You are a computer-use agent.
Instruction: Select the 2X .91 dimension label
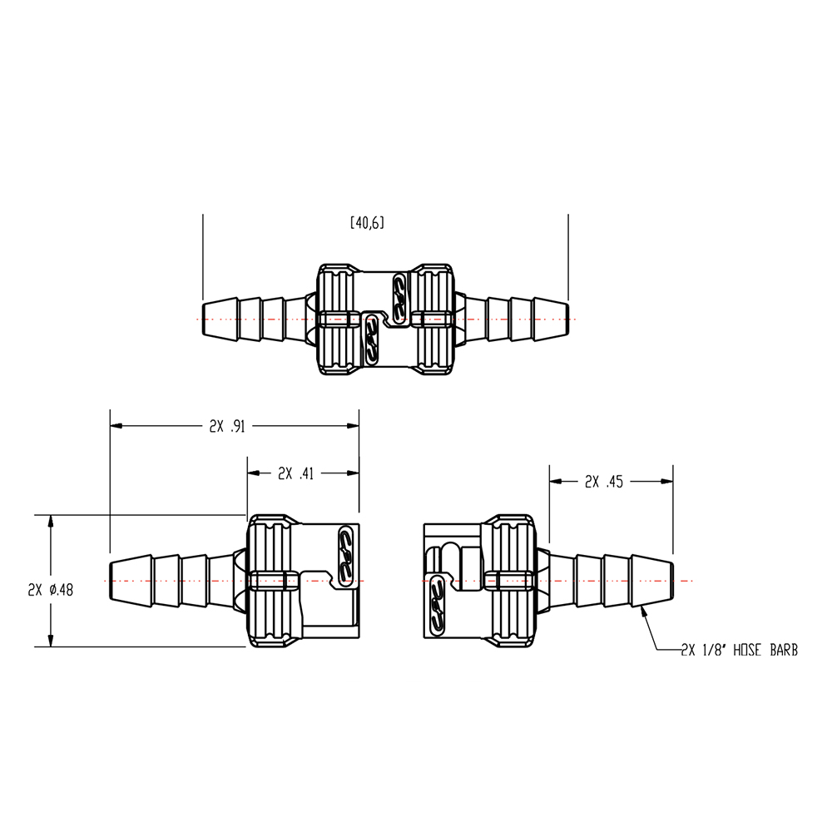[227, 426]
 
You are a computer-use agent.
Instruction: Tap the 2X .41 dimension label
[296, 473]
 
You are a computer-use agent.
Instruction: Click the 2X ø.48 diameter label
[51, 589]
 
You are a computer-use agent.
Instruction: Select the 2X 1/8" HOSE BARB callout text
[739, 650]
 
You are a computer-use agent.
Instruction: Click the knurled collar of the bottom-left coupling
[271, 580]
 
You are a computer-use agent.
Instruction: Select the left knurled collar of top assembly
[339, 319]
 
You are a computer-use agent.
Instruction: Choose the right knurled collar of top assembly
[433, 319]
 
